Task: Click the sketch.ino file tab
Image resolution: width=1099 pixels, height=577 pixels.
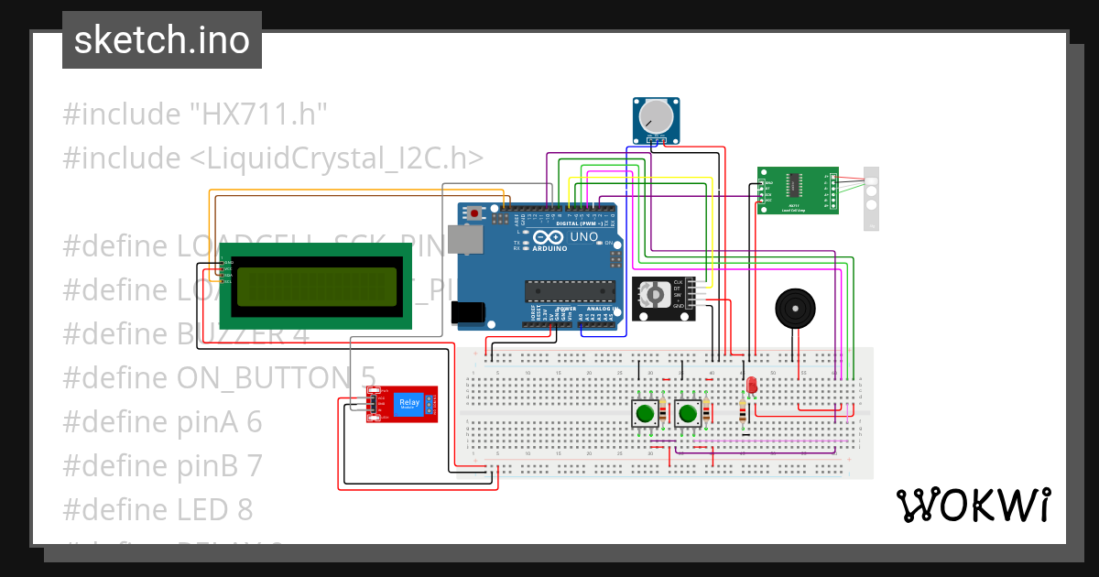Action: pos(161,40)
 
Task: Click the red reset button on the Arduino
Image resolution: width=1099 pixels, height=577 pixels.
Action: pos(475,213)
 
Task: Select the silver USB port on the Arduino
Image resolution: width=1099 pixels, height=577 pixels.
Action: pos(469,241)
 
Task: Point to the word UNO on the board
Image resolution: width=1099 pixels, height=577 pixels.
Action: pos(584,237)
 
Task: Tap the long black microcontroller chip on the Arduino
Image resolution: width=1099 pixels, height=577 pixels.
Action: pos(569,291)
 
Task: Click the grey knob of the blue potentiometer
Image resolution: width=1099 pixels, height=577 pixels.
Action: pos(656,116)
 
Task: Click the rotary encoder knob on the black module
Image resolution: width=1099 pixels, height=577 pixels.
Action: pos(654,294)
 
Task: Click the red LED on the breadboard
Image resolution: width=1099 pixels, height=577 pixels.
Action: pos(751,386)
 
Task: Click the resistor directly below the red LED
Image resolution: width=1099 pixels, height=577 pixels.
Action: pos(741,414)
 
